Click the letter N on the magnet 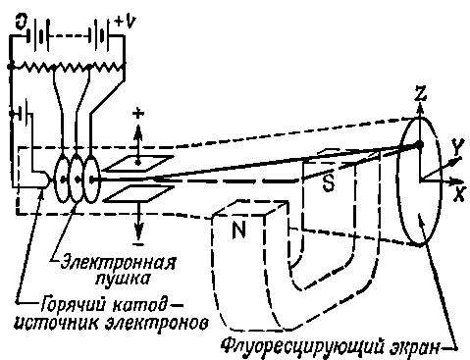tap(238, 230)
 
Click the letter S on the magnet tap(329, 183)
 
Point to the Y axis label tap(456, 143)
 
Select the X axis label tap(459, 195)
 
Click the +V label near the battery tap(126, 22)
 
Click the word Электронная tap(119, 261)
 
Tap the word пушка tap(123, 279)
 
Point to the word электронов tap(157, 324)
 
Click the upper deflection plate tap(139, 163)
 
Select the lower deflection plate tap(139, 193)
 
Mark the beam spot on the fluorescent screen tap(419, 144)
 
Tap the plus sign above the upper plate tap(138, 114)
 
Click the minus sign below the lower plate tap(138, 244)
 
